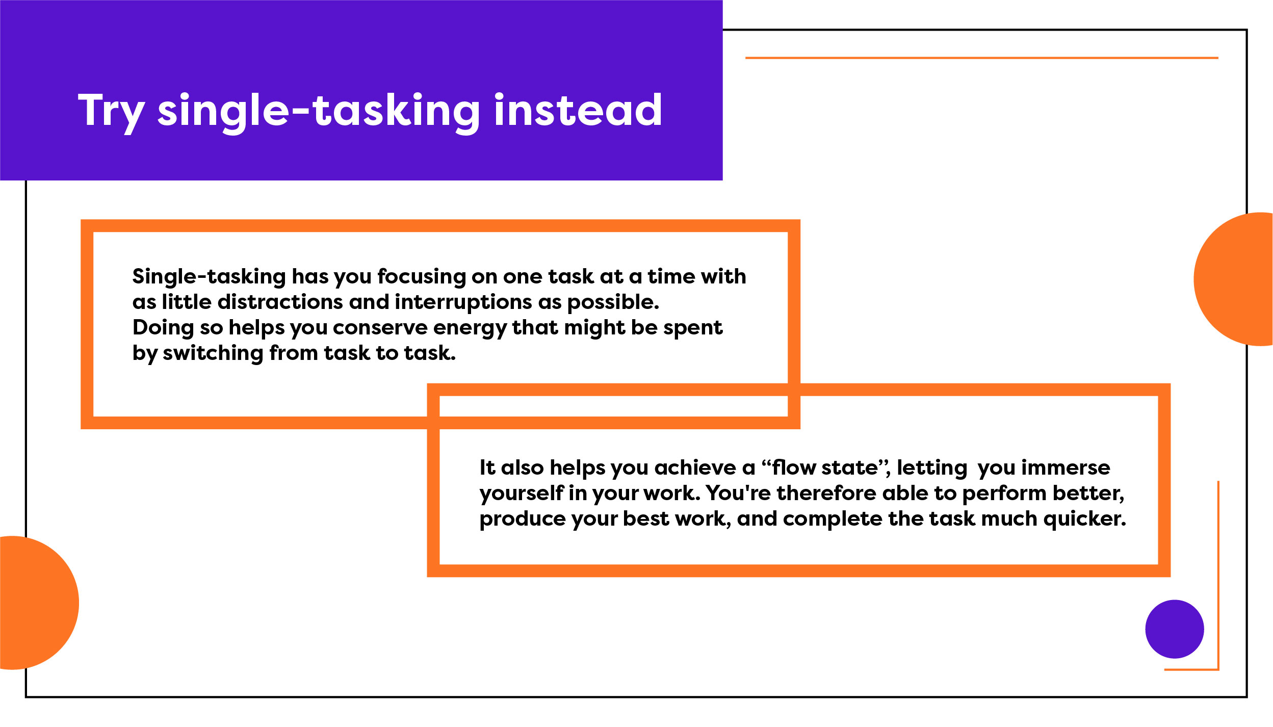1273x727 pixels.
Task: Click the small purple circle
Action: (x=1175, y=629)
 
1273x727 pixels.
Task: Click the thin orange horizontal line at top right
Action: (x=981, y=58)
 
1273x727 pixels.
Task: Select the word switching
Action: (x=213, y=353)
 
